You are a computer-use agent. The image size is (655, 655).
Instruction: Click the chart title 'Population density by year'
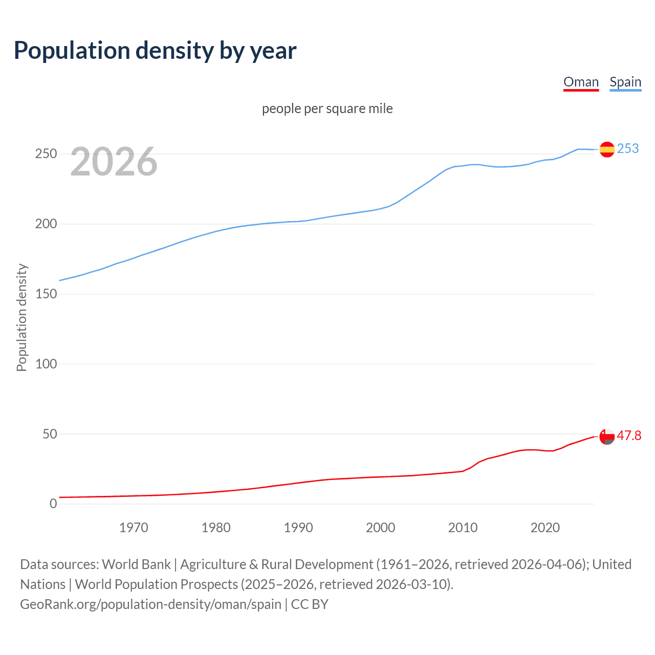pyautogui.click(x=155, y=51)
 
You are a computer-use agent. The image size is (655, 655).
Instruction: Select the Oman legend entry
pyautogui.click(x=581, y=82)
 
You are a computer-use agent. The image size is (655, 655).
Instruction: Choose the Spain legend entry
pyautogui.click(x=625, y=82)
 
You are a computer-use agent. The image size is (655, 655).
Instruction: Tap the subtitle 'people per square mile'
pyautogui.click(x=327, y=108)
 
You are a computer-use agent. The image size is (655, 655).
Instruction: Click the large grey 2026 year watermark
pyautogui.click(x=114, y=162)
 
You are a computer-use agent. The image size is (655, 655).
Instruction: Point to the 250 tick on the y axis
pyautogui.click(x=46, y=154)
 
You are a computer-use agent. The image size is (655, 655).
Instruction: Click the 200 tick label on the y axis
pyautogui.click(x=46, y=224)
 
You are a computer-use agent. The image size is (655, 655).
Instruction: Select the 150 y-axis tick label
pyautogui.click(x=46, y=294)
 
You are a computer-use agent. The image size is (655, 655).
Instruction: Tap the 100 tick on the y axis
pyautogui.click(x=46, y=364)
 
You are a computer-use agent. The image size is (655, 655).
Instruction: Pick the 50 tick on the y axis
pyautogui.click(x=49, y=434)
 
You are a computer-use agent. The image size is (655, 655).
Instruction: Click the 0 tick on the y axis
pyautogui.click(x=53, y=504)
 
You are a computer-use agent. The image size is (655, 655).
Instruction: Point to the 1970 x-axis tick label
pyautogui.click(x=134, y=528)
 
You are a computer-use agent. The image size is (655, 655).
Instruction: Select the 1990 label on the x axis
pyautogui.click(x=298, y=528)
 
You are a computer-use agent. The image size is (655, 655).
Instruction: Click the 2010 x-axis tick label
pyautogui.click(x=463, y=528)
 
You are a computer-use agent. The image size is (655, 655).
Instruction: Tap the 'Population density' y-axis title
pyautogui.click(x=21, y=317)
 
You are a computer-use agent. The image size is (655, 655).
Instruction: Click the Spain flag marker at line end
pyautogui.click(x=607, y=149)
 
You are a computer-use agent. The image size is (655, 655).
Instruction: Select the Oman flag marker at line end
pyautogui.click(x=607, y=436)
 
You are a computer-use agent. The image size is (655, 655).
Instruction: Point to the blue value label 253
pyautogui.click(x=628, y=148)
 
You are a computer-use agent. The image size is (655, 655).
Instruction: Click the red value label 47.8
pyautogui.click(x=629, y=435)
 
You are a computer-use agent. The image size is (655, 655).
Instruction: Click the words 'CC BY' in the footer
pyautogui.click(x=310, y=604)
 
